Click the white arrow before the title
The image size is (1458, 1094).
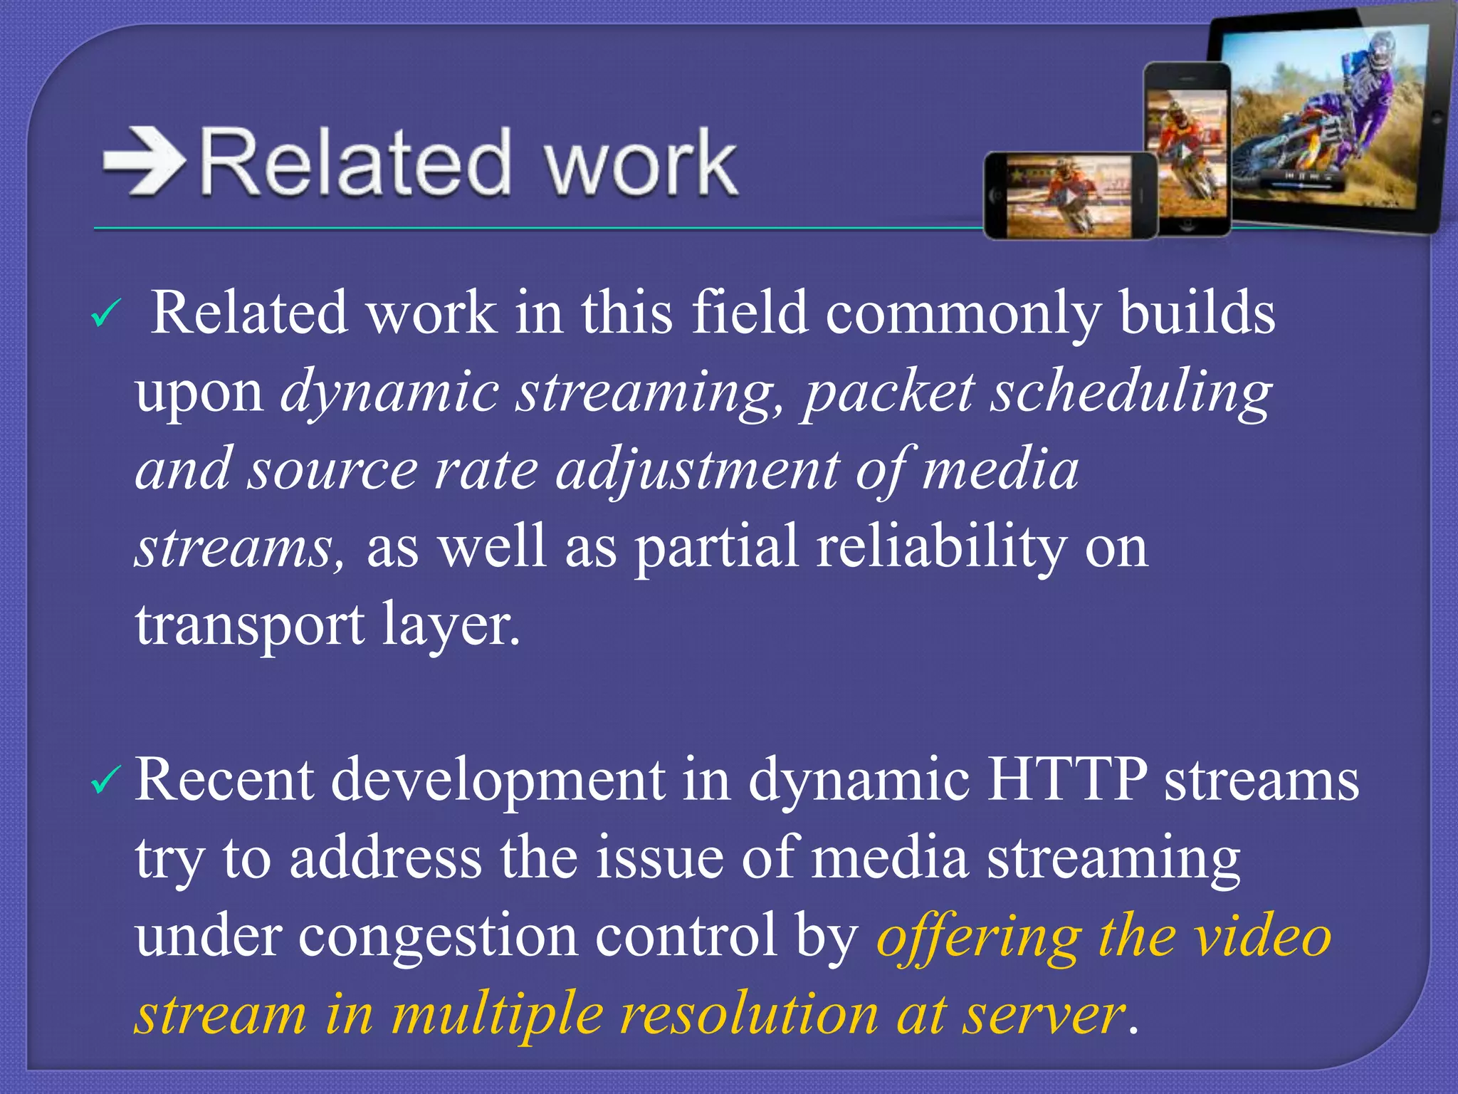coord(145,162)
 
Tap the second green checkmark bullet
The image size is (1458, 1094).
coord(107,781)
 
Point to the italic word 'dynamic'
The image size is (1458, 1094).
coord(389,392)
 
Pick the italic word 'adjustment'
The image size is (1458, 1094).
coord(697,470)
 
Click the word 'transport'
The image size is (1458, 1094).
coord(250,625)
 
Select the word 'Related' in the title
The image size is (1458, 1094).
coord(356,163)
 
